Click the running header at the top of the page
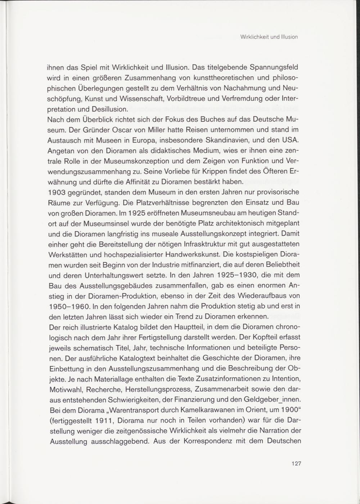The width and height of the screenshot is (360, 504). [x=269, y=37]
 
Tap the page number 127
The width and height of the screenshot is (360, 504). [x=296, y=463]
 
